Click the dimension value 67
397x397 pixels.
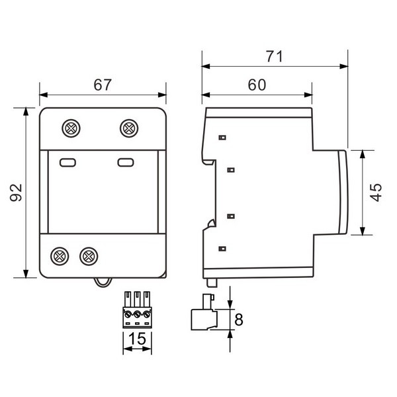click(x=103, y=85)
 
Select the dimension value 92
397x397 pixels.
click(x=16, y=193)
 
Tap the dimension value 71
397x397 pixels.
click(x=275, y=56)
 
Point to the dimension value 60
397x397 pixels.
click(x=257, y=85)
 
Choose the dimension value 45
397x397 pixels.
click(x=376, y=193)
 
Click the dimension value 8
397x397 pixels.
click(x=239, y=320)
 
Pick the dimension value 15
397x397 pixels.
click(x=137, y=339)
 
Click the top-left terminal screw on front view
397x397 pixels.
click(x=71, y=128)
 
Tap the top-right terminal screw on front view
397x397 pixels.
click(x=129, y=128)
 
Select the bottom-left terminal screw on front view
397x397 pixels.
click(x=60, y=256)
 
